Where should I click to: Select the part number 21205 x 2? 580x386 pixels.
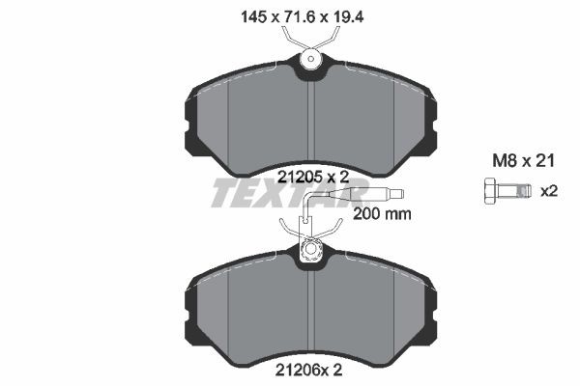coord(312,177)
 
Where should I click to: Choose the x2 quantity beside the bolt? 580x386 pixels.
coord(549,191)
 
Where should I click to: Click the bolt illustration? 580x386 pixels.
coord(504,191)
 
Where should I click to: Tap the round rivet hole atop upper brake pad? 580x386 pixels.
coord(310,61)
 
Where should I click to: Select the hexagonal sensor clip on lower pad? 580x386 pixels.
coord(311,252)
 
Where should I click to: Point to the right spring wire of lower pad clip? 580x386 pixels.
coord(332,229)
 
